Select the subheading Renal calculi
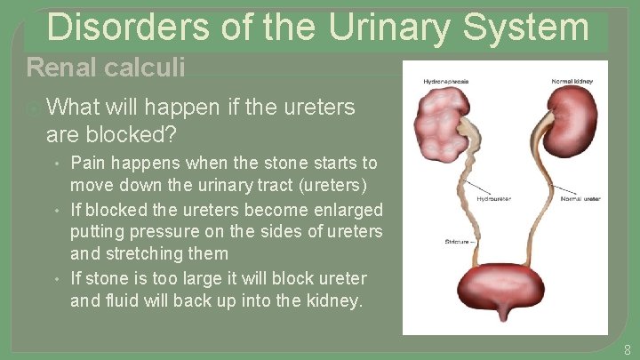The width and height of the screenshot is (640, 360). point(106,67)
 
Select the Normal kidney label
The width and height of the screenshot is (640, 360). point(571,81)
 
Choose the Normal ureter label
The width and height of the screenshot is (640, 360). point(580,199)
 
